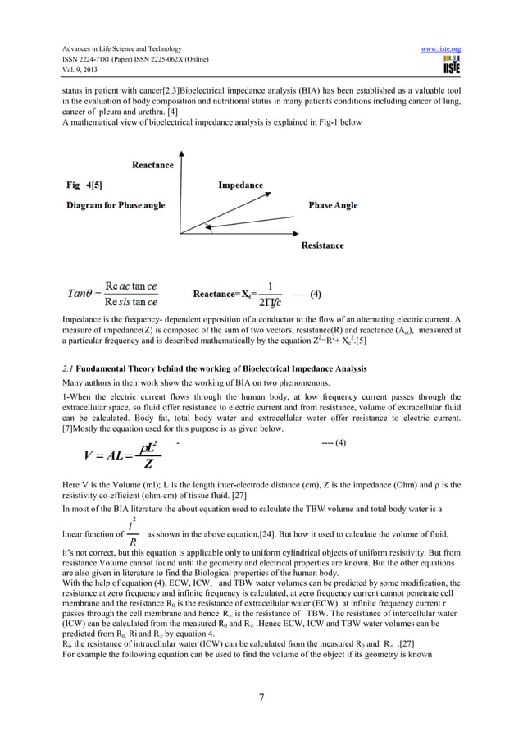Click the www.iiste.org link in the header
441,48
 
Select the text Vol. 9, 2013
80,71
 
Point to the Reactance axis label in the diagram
152,165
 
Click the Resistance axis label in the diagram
322,245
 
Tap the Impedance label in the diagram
240,185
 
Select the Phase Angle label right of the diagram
333,204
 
